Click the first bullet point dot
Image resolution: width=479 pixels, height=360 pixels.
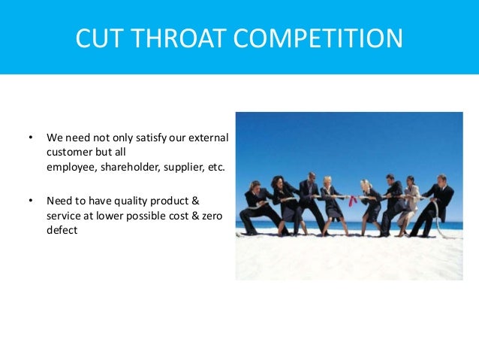pyautogui.click(x=31, y=138)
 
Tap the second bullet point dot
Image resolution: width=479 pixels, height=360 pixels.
pyautogui.click(x=31, y=201)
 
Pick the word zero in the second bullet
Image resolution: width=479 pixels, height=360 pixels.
pyautogui.click(x=204, y=215)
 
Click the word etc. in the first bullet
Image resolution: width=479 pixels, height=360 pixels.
pyautogui.click(x=215, y=167)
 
